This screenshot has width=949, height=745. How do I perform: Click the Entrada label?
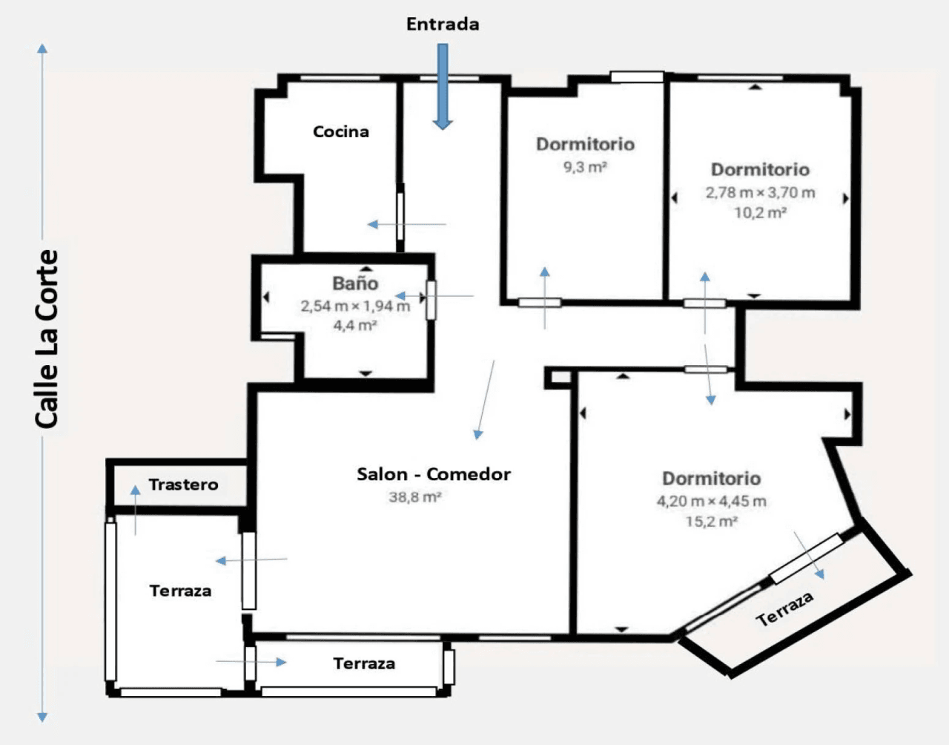443,24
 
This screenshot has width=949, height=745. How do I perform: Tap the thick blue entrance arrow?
443,87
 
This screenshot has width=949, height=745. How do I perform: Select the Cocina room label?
341,131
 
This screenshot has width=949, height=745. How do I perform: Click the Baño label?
355,283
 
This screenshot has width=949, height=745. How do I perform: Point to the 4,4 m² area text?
355,326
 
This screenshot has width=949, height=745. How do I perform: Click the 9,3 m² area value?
585,167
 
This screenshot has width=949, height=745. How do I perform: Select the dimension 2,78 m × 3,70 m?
761,193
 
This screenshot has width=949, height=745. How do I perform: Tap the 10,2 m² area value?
761,213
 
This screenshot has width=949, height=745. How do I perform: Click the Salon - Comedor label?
434,474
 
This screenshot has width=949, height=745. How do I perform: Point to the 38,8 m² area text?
415,497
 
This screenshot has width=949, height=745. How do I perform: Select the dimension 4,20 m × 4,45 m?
712,501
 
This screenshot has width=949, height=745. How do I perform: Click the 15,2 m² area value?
712,522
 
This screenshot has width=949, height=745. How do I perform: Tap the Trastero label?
183,485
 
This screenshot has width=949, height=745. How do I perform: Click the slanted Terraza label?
785,608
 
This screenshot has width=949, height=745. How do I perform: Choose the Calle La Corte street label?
47,338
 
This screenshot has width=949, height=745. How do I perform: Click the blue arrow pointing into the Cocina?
406,225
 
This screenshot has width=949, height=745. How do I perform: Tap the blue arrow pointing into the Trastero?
136,510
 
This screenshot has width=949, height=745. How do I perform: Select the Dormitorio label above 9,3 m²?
585,144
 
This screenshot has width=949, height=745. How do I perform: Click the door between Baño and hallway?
431,301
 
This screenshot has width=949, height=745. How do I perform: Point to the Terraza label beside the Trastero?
180,591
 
